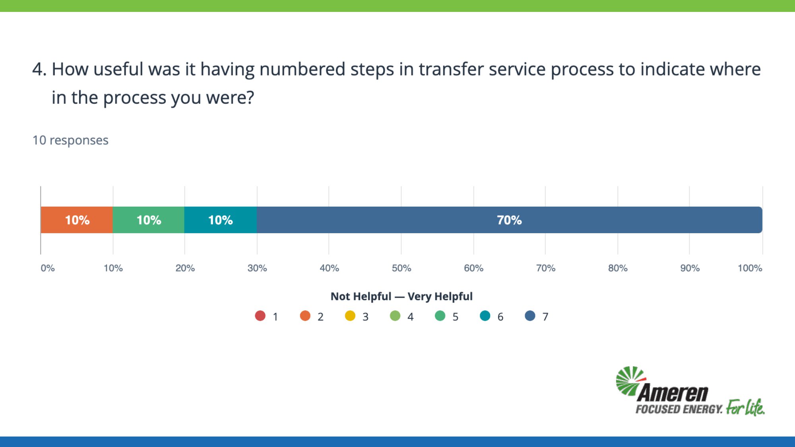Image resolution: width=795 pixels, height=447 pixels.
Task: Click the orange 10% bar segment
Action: (77, 220)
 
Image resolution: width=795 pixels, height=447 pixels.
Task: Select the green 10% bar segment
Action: (149, 220)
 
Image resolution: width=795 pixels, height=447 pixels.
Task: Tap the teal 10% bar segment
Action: (221, 220)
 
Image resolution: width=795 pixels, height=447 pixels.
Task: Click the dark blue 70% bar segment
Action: (510, 220)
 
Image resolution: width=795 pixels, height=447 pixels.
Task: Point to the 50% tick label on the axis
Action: (401, 268)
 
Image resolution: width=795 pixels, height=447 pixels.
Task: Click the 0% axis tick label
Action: (48, 268)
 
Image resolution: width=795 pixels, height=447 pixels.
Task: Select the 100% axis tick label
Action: (750, 268)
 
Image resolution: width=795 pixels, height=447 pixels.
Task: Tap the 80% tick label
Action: (618, 268)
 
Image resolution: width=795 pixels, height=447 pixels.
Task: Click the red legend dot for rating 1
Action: (260, 316)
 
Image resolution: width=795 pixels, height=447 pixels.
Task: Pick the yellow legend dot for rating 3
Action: (350, 316)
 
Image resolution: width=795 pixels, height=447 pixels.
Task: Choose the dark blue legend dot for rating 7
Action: (530, 316)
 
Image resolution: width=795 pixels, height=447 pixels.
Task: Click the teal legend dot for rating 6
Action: (485, 316)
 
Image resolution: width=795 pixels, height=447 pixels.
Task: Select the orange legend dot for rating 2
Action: (305, 316)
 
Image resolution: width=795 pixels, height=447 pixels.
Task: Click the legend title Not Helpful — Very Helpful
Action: (401, 296)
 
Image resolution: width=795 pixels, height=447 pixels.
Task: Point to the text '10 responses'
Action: (70, 140)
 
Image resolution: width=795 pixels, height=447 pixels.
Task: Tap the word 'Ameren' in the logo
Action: (673, 393)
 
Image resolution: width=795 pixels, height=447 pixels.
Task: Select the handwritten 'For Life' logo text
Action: (745, 407)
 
